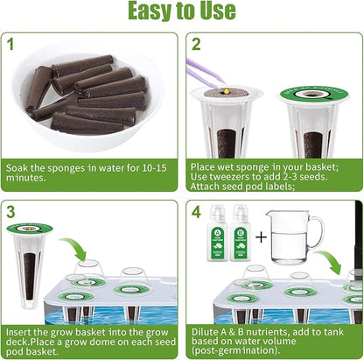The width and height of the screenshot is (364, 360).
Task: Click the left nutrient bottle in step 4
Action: click(219, 238)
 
